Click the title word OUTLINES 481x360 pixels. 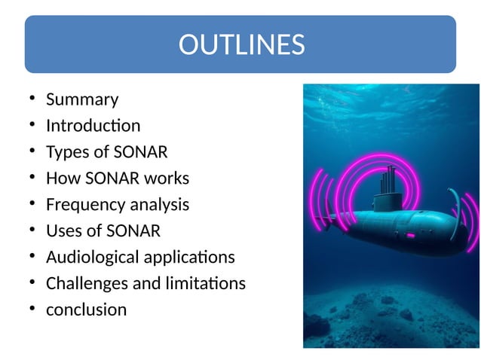[x=241, y=45]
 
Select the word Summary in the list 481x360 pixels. [x=82, y=99]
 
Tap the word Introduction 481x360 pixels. [x=93, y=126]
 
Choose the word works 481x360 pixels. [x=167, y=178]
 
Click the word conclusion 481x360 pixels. [x=87, y=310]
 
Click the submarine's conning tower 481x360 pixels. [x=388, y=202]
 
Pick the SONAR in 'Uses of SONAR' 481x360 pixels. [x=137, y=230]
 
